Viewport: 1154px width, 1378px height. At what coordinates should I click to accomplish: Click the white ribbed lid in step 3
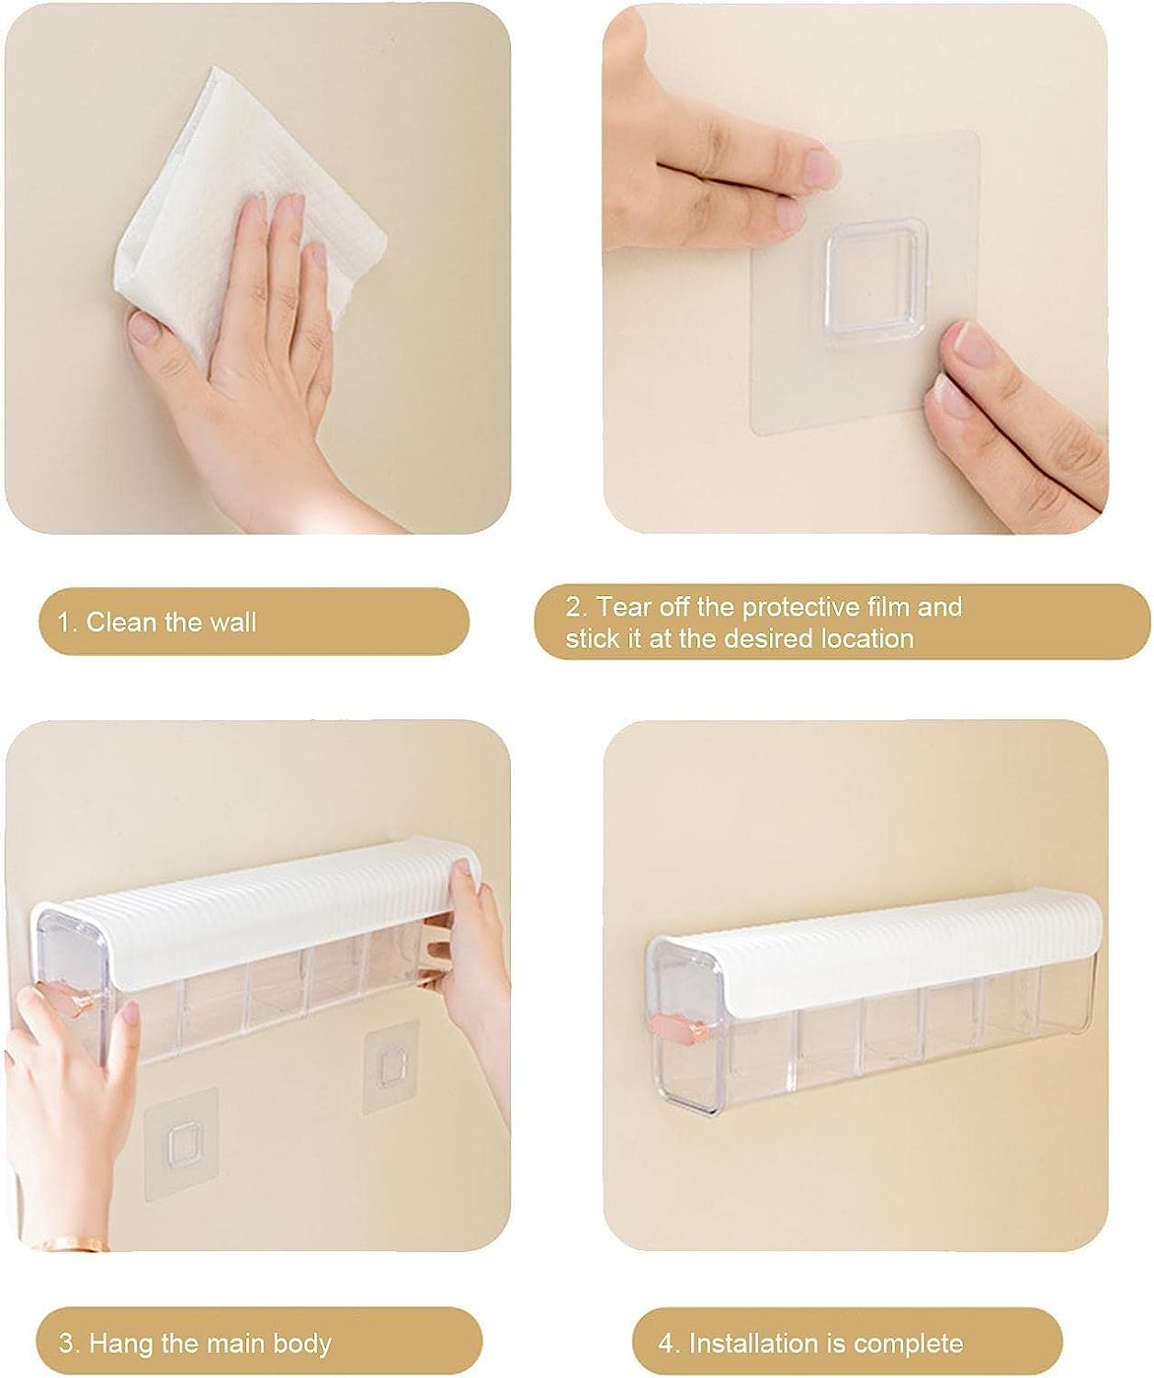tap(257, 904)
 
